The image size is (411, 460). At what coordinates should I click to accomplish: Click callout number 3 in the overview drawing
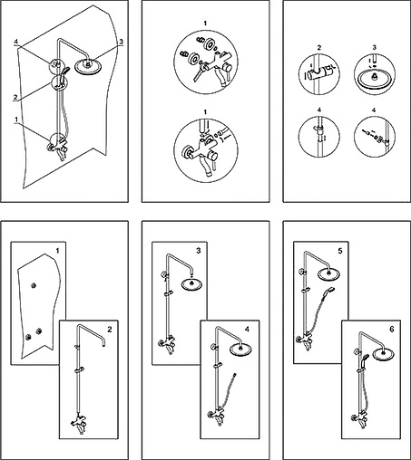[121, 42]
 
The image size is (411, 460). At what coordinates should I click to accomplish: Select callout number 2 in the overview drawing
[15, 97]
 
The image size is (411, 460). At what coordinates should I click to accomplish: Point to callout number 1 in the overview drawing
[17, 120]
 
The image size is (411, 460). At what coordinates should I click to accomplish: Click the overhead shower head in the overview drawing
[88, 67]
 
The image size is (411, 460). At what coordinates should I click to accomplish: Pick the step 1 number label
[57, 251]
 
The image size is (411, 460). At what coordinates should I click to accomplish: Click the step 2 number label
[110, 329]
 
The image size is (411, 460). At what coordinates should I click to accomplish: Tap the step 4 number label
[247, 329]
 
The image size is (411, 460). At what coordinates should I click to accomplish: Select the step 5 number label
[340, 251]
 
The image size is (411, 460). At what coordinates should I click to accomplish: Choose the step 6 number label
[392, 329]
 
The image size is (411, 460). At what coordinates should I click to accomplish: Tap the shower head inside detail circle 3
[375, 79]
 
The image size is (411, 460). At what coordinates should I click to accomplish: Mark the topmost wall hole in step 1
[34, 285]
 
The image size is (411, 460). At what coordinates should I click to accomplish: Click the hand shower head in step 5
[330, 290]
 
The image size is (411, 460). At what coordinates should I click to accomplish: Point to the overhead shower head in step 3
[191, 284]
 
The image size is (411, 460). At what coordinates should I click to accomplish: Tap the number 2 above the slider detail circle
[319, 48]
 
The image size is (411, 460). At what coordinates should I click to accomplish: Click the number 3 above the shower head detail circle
[375, 48]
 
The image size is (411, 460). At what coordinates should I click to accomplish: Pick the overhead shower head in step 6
[383, 354]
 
